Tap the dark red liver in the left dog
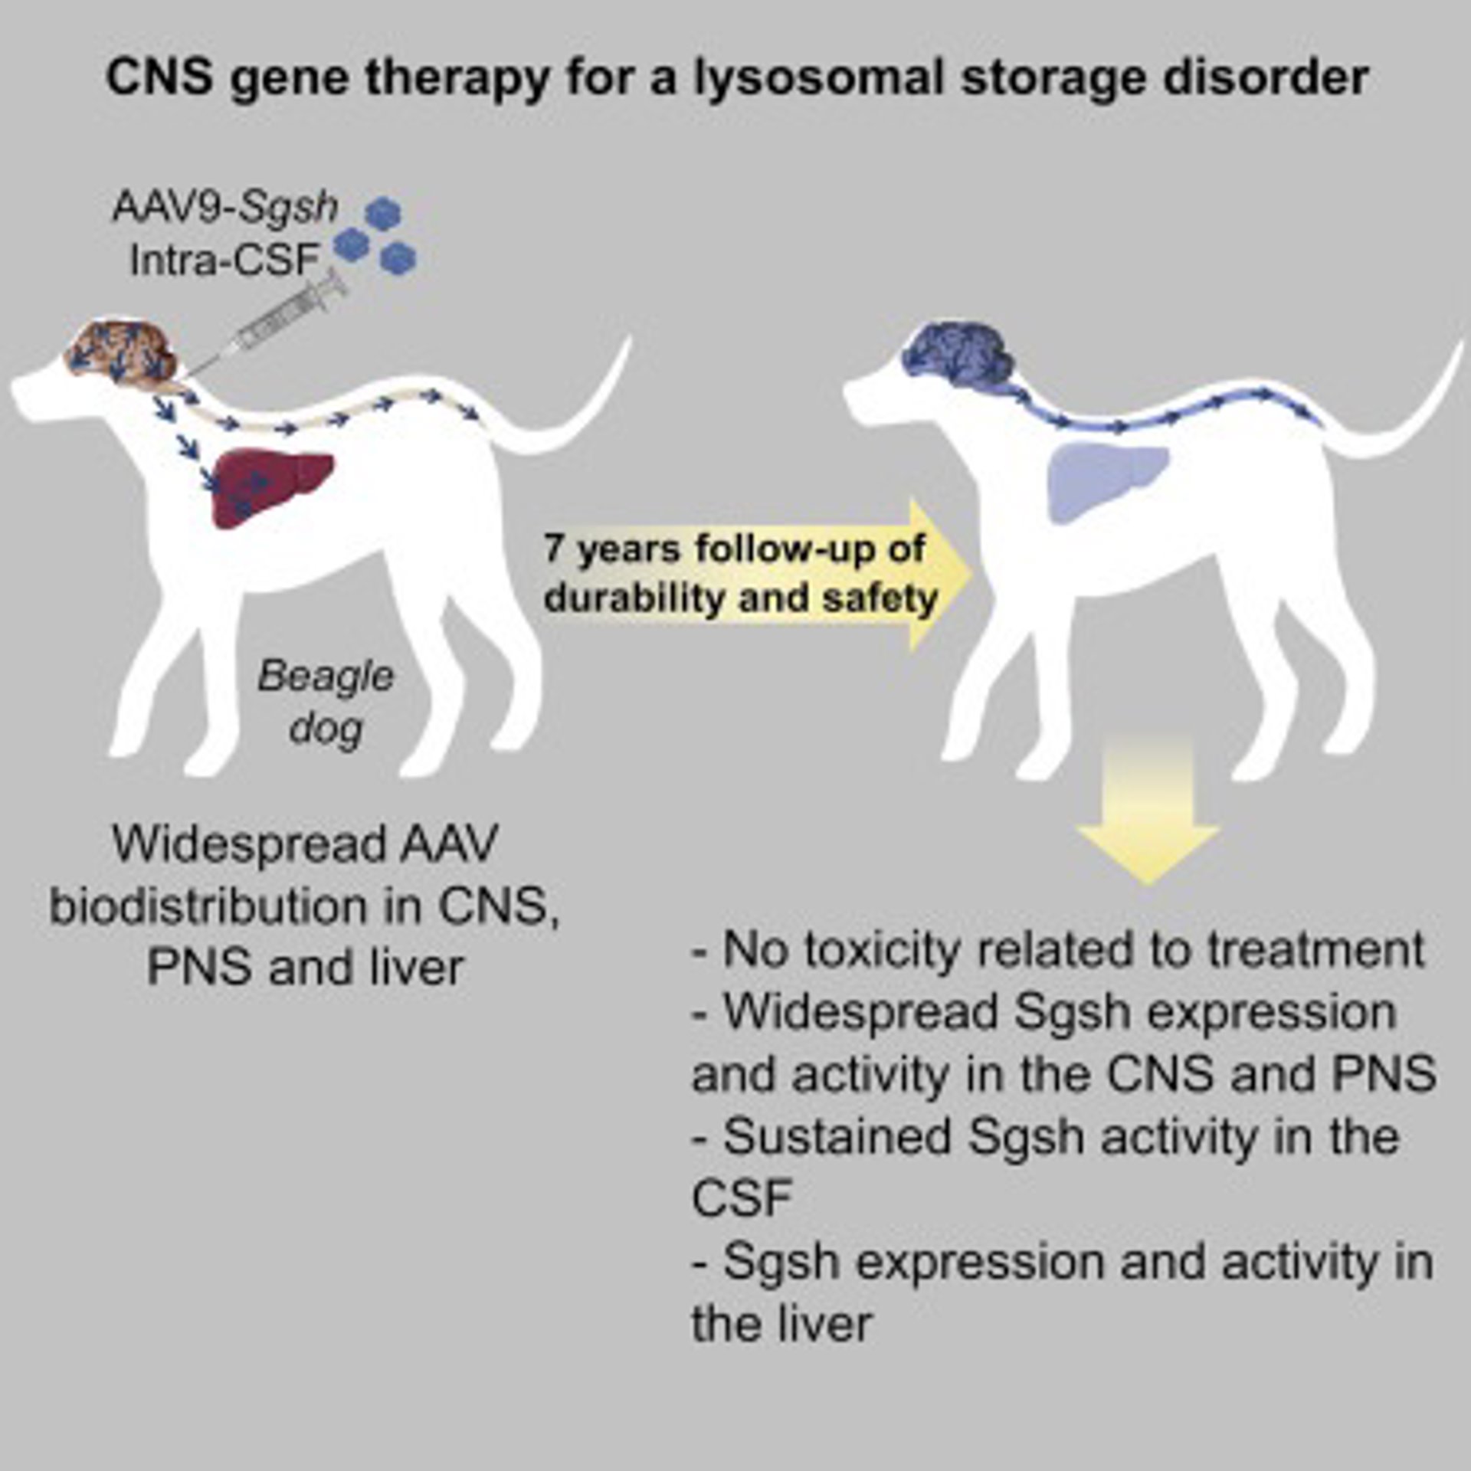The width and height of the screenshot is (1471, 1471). [x=268, y=487]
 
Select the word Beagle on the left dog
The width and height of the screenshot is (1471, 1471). [x=326, y=676]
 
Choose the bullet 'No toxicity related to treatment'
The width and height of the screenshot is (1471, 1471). [x=1057, y=950]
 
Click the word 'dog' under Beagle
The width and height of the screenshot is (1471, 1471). [x=326, y=728]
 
